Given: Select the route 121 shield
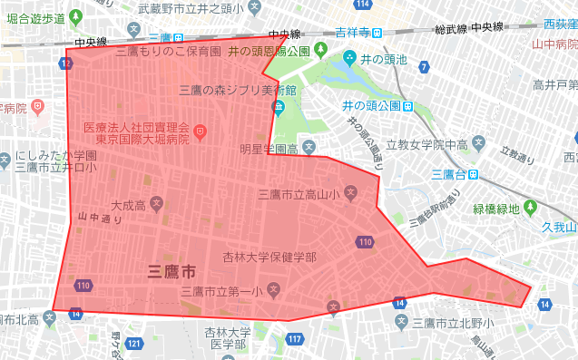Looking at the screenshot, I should click(134, 345).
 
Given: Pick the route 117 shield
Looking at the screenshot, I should click(294, 339).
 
